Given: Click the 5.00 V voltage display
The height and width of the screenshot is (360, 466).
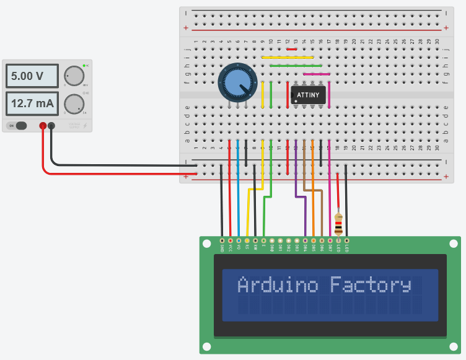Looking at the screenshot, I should pyautogui.click(x=32, y=77).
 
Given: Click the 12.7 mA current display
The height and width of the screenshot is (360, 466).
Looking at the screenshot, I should pyautogui.click(x=32, y=103).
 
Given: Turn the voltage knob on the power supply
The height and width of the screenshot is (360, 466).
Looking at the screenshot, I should pyautogui.click(x=74, y=76).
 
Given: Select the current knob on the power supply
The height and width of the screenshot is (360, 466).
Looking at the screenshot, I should pyautogui.click(x=74, y=103).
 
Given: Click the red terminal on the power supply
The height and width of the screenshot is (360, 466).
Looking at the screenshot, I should pyautogui.click(x=43, y=126).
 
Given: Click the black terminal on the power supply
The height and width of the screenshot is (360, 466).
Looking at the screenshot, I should pyautogui.click(x=51, y=126).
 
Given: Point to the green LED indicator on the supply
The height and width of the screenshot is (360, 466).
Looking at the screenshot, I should pyautogui.click(x=84, y=65).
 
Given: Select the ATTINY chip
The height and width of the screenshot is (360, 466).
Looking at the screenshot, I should pyautogui.click(x=308, y=95).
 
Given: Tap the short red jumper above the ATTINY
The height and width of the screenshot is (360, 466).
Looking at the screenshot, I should pyautogui.click(x=291, y=50).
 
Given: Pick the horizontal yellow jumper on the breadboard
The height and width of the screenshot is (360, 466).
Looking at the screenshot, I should pyautogui.click(x=287, y=58).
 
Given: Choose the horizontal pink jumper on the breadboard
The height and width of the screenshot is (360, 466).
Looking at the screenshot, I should pyautogui.click(x=316, y=74).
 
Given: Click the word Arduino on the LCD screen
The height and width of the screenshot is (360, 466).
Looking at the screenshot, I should pyautogui.click(x=278, y=285).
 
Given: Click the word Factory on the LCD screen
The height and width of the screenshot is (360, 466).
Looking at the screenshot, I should pyautogui.click(x=370, y=285).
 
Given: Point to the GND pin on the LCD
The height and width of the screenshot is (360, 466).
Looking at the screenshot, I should pyautogui.click(x=222, y=240).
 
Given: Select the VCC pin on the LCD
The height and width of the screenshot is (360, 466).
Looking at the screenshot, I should pyautogui.click(x=231, y=240).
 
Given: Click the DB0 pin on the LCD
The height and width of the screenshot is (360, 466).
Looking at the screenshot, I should pyautogui.click(x=271, y=240).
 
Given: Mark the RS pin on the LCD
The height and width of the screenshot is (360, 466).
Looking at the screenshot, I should pyautogui.click(x=247, y=240).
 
